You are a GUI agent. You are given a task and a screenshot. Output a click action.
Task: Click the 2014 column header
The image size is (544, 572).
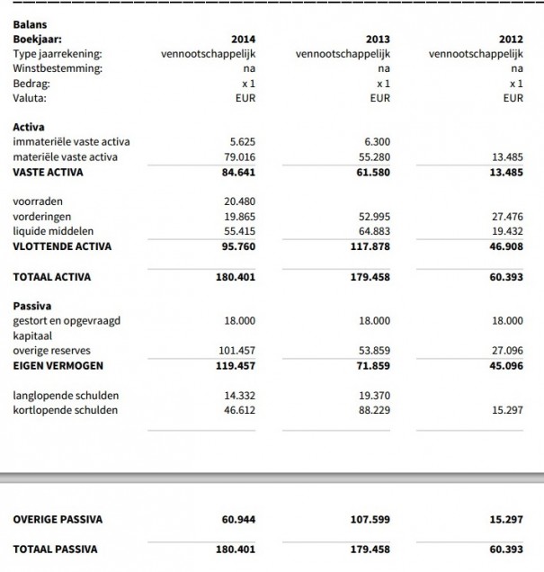pyautogui.click(x=243, y=40)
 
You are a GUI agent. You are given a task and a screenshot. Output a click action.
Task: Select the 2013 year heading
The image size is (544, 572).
pyautogui.click(x=378, y=40)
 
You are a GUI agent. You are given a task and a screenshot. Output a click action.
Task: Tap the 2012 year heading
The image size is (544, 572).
pyautogui.click(x=511, y=40)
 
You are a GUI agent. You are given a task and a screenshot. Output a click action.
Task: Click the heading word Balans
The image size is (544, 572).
pyautogui.click(x=31, y=25)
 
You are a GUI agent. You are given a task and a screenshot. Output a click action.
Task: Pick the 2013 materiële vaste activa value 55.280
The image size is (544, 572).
pyautogui.click(x=376, y=157)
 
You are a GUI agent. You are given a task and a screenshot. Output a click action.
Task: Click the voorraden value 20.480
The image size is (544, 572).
pyautogui.click(x=240, y=201)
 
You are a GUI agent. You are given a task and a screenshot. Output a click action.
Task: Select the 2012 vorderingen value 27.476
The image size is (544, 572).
pyautogui.click(x=508, y=217)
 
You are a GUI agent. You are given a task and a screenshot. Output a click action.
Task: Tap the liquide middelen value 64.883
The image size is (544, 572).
pyautogui.click(x=376, y=232)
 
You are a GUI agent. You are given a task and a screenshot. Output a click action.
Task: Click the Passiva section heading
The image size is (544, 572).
pyautogui.click(x=31, y=306)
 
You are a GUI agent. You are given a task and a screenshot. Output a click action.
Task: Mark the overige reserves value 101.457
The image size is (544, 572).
pyautogui.click(x=237, y=351)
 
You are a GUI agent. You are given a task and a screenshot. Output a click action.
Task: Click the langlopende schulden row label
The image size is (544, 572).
pyautogui.click(x=66, y=396)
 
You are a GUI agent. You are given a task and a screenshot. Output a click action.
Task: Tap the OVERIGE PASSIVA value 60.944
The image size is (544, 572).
pyautogui.click(x=238, y=519)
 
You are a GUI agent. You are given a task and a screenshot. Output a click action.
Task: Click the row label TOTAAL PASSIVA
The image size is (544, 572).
pyautogui.click(x=55, y=549)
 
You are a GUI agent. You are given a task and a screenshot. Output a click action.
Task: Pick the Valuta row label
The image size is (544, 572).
pyautogui.click(x=30, y=98)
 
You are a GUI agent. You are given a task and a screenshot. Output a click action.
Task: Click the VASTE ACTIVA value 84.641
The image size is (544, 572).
pyautogui.click(x=238, y=172)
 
